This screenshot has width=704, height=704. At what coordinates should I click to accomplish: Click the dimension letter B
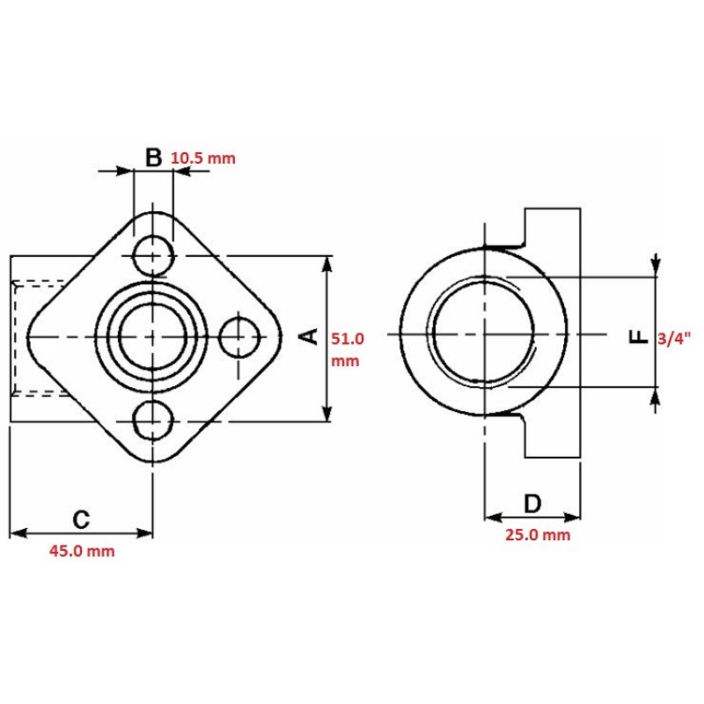tap(153, 158)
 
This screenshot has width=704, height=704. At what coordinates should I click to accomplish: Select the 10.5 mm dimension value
tap(203, 158)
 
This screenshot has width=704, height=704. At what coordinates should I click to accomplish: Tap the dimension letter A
tap(309, 336)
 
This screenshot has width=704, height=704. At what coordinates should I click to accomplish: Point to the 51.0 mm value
tap(347, 349)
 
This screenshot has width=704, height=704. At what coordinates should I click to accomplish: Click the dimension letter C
tap(81, 520)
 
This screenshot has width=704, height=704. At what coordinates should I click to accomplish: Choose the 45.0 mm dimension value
tap(82, 551)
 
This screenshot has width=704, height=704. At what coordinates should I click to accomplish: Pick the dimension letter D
tap(532, 503)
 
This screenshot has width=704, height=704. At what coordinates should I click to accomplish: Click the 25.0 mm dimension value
tap(538, 535)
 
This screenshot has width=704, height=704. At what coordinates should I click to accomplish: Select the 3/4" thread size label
tap(671, 338)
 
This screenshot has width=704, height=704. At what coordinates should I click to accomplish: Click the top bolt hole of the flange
tap(153, 255)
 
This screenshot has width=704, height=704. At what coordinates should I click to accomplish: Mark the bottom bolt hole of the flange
tap(153, 421)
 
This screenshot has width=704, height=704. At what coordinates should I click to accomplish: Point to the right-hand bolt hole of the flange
tap(239, 337)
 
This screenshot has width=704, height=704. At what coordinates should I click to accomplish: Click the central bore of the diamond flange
tap(152, 337)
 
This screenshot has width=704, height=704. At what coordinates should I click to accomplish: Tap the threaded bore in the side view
tap(483, 333)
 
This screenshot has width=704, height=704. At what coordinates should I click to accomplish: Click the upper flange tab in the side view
tap(553, 227)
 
